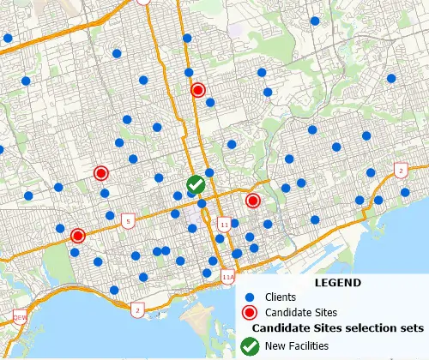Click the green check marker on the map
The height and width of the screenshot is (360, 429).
point(196,183)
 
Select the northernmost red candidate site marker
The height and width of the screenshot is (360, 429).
point(198,90)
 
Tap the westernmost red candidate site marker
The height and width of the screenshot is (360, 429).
point(77,236)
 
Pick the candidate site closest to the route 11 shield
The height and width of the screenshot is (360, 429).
point(252,201)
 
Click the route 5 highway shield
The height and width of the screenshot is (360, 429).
point(128,221)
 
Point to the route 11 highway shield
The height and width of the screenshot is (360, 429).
point(225,225)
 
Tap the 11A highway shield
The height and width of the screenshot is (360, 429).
point(227,279)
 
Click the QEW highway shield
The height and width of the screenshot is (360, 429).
point(20,317)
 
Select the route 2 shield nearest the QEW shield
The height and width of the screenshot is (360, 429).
point(138,309)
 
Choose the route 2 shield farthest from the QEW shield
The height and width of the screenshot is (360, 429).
point(401,171)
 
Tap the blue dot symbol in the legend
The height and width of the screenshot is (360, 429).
point(250,297)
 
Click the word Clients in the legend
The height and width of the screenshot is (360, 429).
point(281,297)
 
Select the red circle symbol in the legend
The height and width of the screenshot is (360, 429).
point(250,311)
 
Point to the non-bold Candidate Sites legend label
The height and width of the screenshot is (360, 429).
point(301,311)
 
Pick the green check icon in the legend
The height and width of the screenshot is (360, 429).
point(250,346)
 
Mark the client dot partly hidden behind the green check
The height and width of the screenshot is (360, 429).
point(191,193)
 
